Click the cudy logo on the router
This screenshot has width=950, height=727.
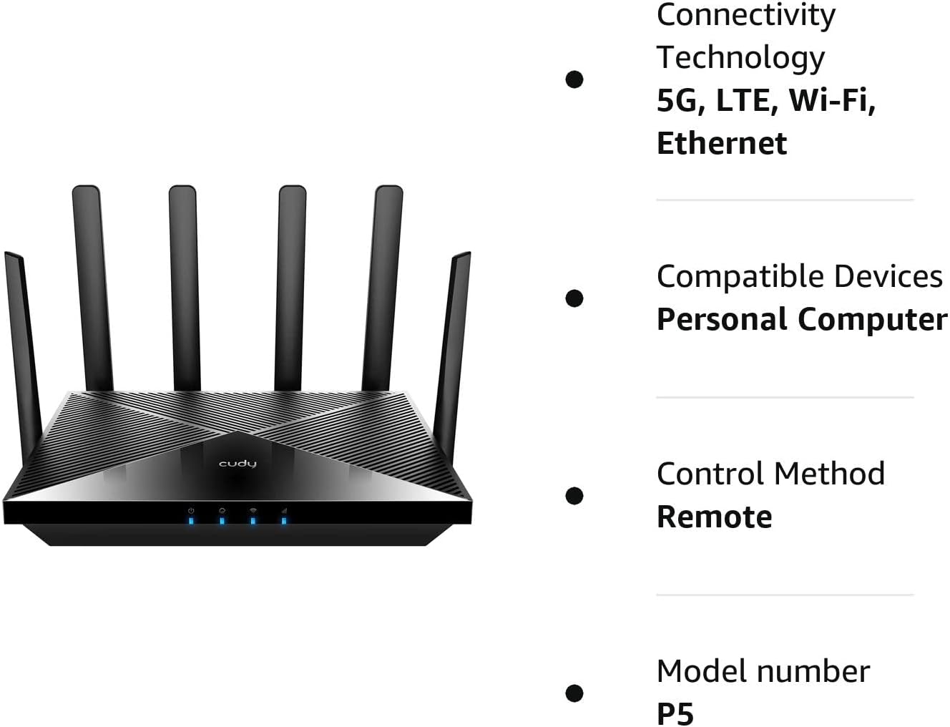tap(237, 464)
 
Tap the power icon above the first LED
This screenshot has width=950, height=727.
tap(191, 510)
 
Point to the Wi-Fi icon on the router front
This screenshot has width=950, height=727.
tap(253, 510)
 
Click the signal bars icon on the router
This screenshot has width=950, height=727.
tap(284, 510)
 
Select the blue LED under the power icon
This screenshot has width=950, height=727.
tap(191, 520)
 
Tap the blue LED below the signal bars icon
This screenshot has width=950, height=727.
tap(284, 520)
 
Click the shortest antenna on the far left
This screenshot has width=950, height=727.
tap(23, 343)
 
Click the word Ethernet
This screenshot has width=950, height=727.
tap(721, 143)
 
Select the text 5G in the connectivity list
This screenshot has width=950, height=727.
tap(676, 100)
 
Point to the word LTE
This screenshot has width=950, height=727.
tap(747, 100)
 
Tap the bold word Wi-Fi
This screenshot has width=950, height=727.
tap(832, 100)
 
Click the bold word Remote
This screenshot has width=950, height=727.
tap(714, 517)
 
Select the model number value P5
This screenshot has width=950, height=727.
tap(675, 713)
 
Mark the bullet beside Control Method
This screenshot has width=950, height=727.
tap(574, 495)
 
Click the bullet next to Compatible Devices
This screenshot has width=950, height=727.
tap(574, 298)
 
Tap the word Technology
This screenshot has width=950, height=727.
tap(740, 57)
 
